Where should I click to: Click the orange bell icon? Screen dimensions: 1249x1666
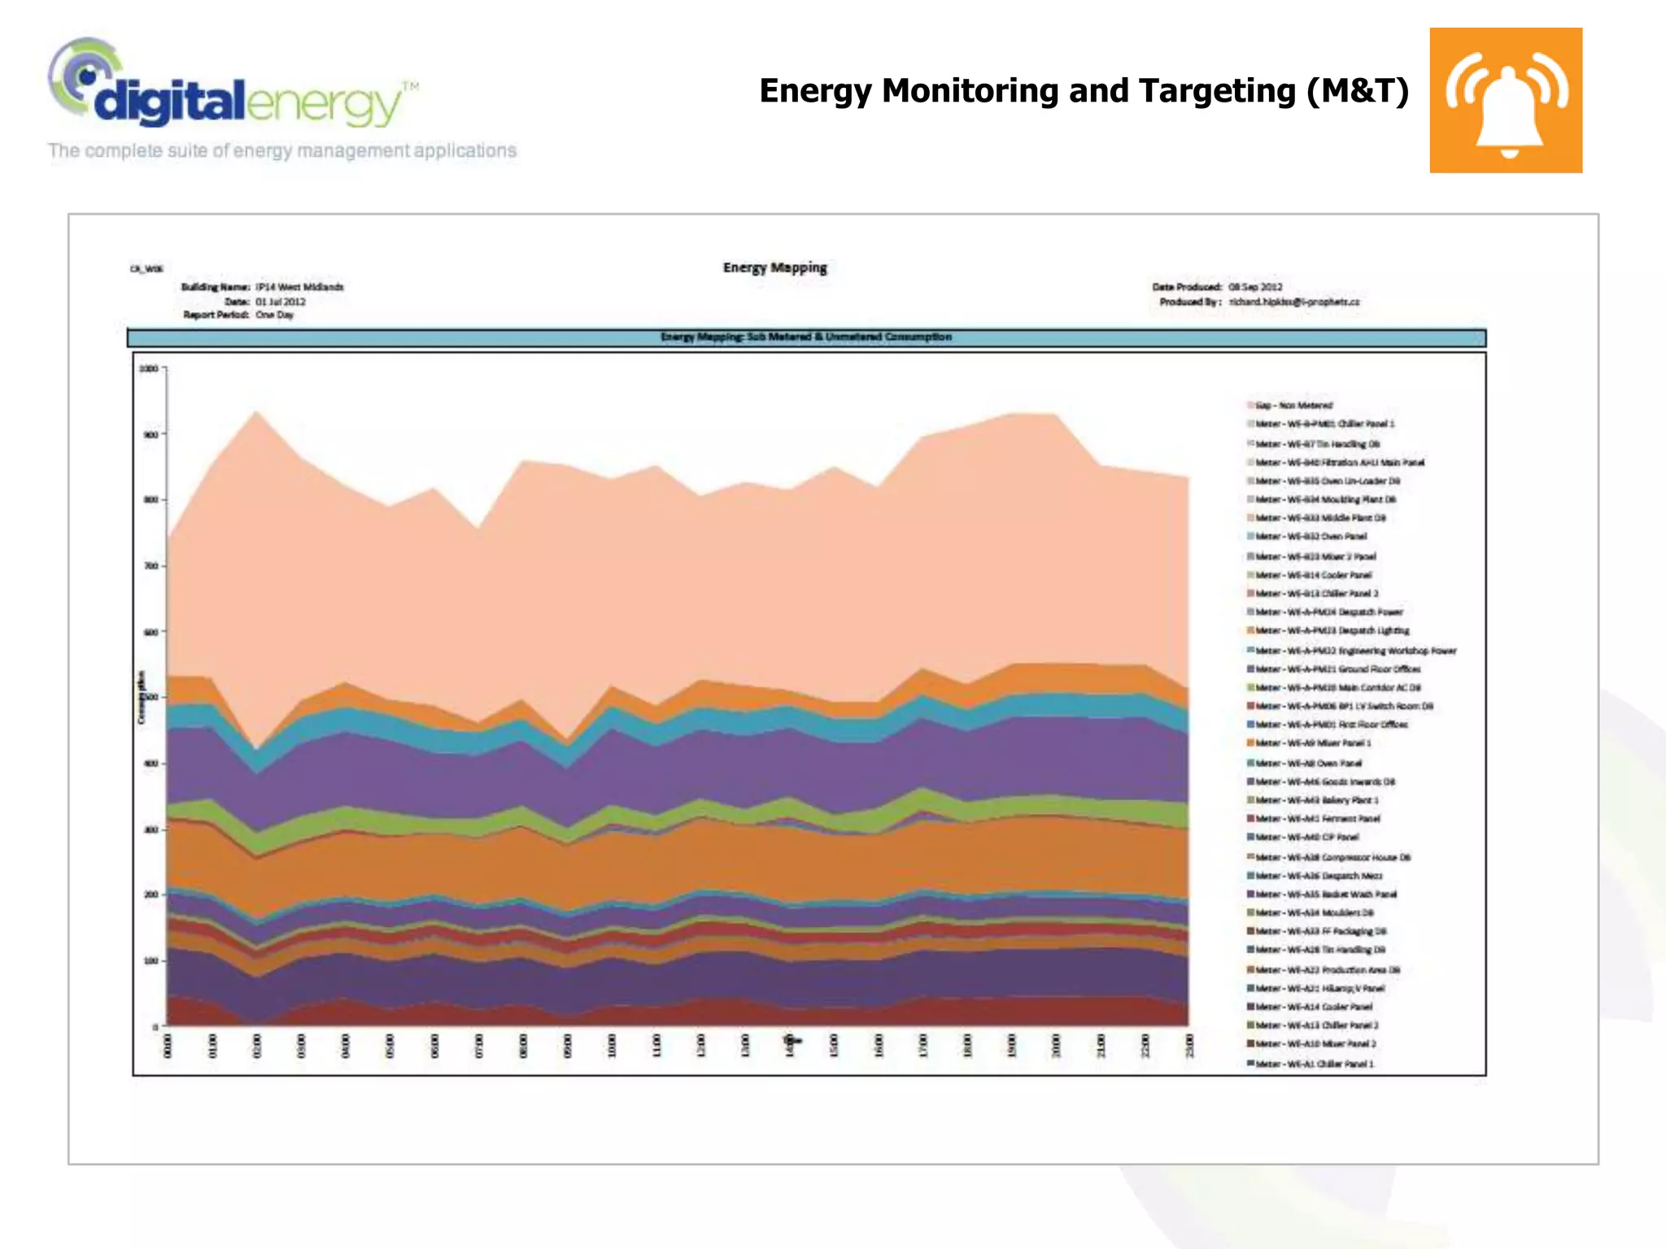[x=1506, y=100]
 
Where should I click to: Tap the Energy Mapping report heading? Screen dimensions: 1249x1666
[x=774, y=268]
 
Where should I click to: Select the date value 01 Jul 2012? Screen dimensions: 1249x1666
[x=281, y=302]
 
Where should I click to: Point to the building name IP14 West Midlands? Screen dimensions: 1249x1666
[x=299, y=287]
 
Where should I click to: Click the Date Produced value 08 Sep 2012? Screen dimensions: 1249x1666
[x=1255, y=287]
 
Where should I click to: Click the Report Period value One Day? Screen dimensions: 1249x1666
[x=274, y=315]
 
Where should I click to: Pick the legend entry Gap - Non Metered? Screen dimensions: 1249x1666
[x=1293, y=405]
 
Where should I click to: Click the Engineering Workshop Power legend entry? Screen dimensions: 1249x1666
[x=1355, y=651]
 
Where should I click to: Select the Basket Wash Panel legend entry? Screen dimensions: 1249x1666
[x=1326, y=894]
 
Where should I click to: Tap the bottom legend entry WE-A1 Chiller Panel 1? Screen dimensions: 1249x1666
[x=1314, y=1064]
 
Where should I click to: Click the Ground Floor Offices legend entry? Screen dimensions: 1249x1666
[x=1337, y=669]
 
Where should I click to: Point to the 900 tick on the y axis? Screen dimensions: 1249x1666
[x=150, y=434]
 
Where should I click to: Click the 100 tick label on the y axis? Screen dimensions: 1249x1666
[x=150, y=960]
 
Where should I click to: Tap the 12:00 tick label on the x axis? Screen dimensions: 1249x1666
[x=700, y=1046]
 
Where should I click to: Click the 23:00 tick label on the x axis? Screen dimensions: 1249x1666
[x=1188, y=1046]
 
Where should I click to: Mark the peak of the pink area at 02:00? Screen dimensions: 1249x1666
[x=257, y=411]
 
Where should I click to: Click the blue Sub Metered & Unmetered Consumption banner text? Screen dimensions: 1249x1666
[x=805, y=337]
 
